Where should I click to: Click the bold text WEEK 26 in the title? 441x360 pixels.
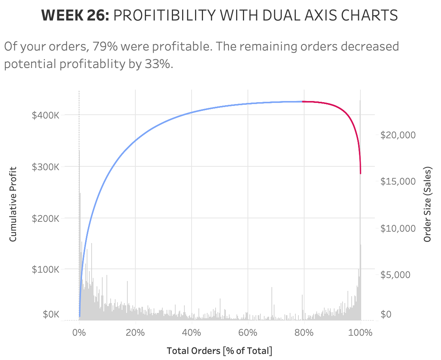[75, 16]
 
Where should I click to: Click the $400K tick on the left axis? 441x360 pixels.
[46, 115]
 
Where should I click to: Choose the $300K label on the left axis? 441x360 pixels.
[46, 166]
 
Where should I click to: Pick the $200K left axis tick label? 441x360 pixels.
[46, 218]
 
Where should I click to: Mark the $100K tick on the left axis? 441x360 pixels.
[46, 269]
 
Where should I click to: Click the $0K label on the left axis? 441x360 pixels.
[51, 314]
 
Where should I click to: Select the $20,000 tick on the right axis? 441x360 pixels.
[398, 135]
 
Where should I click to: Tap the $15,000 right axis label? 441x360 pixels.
[398, 181]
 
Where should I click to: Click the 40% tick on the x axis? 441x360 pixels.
[192, 333]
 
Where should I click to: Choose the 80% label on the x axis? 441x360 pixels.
[304, 333]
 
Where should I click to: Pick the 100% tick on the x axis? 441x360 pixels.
[360, 333]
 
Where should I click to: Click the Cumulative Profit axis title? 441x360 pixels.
[13, 204]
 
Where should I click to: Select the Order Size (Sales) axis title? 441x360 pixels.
[427, 204]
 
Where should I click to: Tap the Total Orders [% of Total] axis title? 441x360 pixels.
[219, 351]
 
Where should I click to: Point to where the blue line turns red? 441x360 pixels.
[303, 101]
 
